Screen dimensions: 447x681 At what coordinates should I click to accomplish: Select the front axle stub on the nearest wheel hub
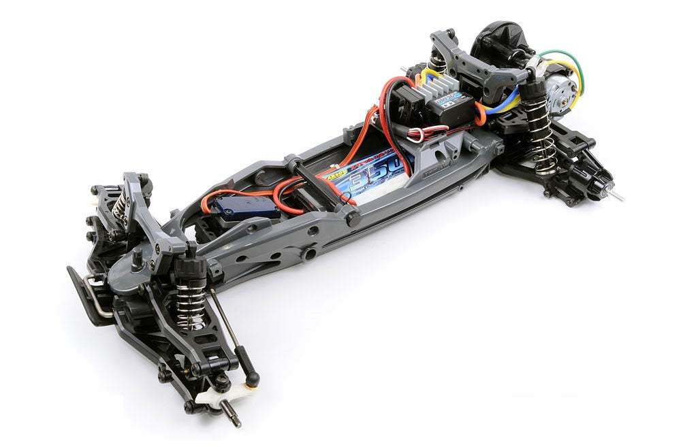(232, 416)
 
